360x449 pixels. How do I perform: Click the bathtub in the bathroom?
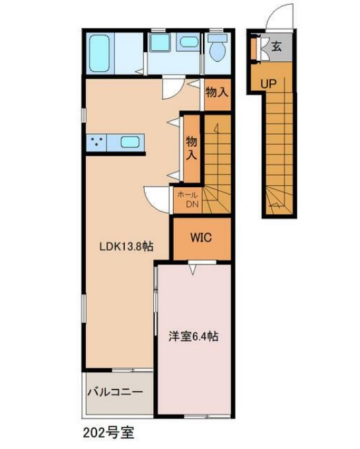pyautogui.click(x=105, y=52)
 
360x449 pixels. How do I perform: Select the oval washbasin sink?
pyautogui.click(x=190, y=42)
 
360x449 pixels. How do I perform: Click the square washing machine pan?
pyautogui.click(x=160, y=43)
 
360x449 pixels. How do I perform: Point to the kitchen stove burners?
pyautogui.click(x=97, y=142)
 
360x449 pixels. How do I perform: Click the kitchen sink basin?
pyautogui.click(x=129, y=142)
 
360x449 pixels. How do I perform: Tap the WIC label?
pyautogui.click(x=201, y=237)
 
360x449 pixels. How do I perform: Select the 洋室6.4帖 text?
pyautogui.click(x=192, y=336)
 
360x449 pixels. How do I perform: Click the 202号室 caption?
pyautogui.click(x=109, y=434)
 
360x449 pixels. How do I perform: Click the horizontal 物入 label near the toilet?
pyautogui.click(x=216, y=93)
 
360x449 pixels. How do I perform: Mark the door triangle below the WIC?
pyautogui.click(x=192, y=267)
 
